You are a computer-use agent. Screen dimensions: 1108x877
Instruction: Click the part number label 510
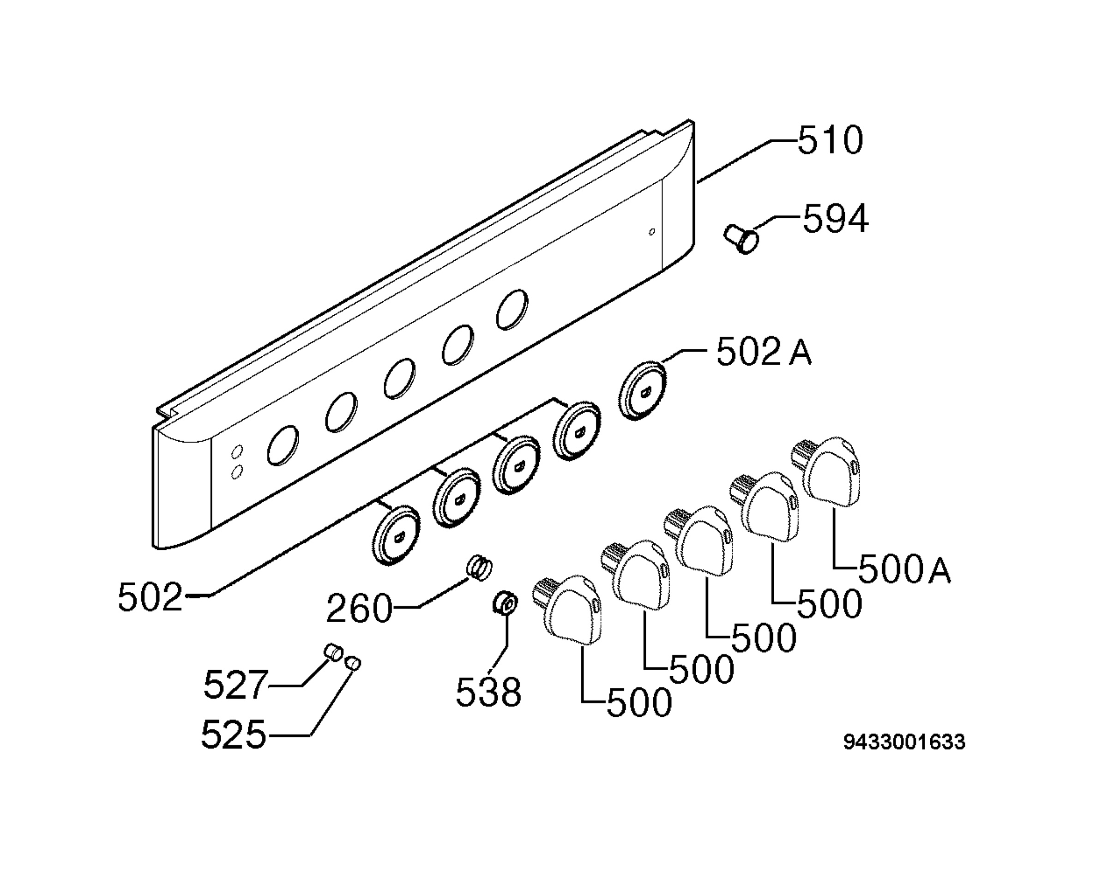click(830, 140)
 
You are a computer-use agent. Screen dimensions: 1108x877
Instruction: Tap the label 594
click(835, 219)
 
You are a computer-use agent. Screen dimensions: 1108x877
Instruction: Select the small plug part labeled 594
click(741, 239)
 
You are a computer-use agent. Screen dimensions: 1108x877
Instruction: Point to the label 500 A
click(904, 570)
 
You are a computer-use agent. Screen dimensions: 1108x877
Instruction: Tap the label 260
click(359, 609)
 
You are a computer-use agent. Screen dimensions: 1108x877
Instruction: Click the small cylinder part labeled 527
click(334, 653)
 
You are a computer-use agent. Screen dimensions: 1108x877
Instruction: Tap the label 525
click(234, 735)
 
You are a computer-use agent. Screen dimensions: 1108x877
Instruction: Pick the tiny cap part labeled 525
click(353, 662)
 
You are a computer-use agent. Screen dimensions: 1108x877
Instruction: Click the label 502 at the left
click(151, 597)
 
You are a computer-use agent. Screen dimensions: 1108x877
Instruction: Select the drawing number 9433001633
click(904, 742)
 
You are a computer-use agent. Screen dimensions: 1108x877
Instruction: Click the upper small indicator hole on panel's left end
click(237, 452)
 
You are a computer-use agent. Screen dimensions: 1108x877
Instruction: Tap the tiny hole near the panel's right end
click(652, 232)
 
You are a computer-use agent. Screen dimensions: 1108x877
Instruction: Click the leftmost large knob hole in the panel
click(283, 445)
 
